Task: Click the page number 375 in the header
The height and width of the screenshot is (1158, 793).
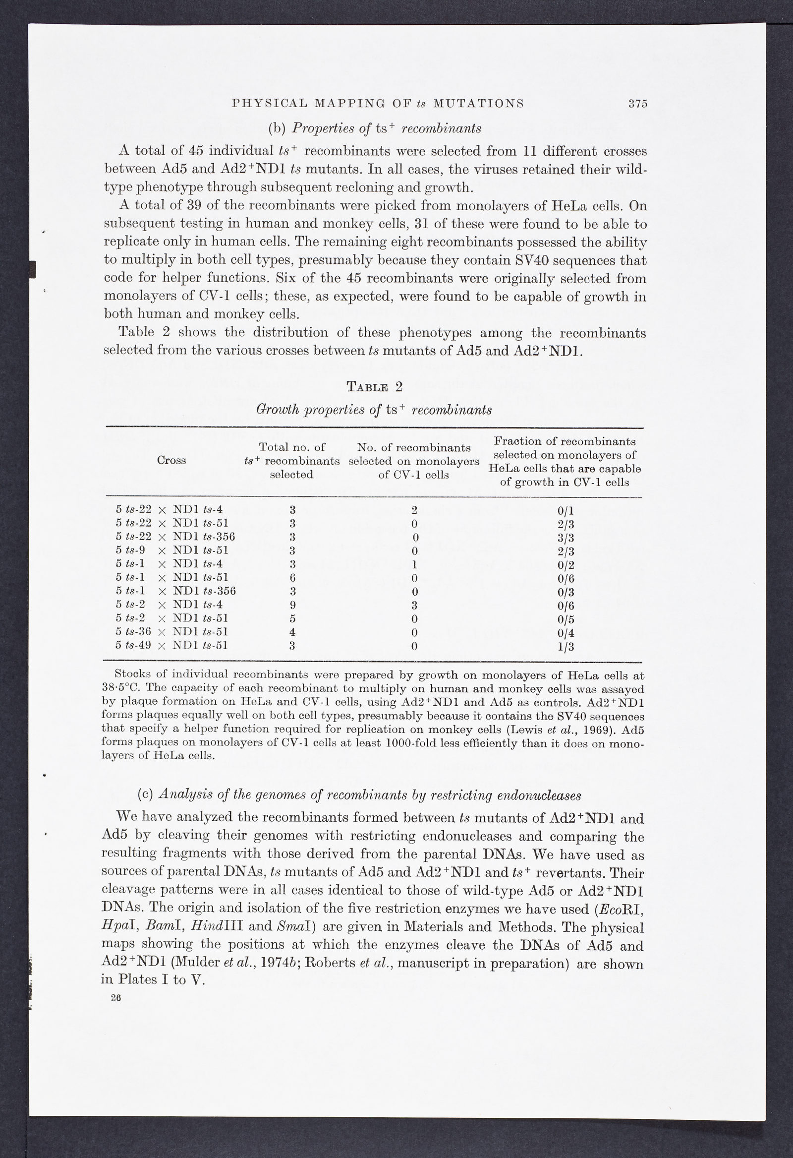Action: click(637, 104)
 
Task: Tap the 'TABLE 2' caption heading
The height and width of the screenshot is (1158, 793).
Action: click(374, 387)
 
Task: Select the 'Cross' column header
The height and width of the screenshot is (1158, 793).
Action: click(171, 460)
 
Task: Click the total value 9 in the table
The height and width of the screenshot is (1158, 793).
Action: click(292, 605)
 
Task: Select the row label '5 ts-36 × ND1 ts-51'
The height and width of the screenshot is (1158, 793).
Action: click(171, 632)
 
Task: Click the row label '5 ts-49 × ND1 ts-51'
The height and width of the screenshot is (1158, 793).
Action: click(171, 645)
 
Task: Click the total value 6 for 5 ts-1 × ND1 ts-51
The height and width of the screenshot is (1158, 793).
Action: click(292, 578)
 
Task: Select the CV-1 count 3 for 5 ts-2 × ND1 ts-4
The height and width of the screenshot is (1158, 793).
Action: click(414, 606)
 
